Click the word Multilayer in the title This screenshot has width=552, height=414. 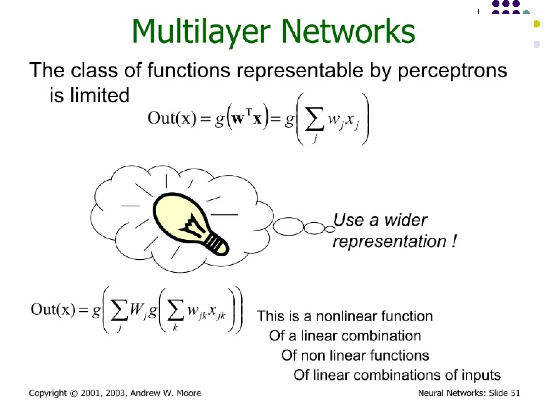201,32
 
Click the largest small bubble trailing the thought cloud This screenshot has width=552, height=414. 288,226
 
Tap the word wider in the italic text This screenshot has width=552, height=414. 405,220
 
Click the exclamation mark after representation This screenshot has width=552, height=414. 454,241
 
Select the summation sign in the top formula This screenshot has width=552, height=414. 314,119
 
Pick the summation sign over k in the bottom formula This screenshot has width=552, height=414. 175,310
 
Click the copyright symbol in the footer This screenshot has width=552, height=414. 74,393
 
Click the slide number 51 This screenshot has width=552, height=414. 515,393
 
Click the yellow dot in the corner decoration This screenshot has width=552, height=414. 537,24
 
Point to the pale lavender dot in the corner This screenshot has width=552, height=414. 537,44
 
